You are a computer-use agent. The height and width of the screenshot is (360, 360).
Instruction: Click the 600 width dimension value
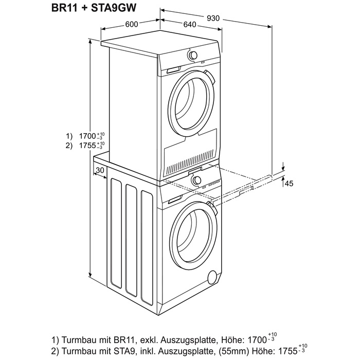coord(132,24)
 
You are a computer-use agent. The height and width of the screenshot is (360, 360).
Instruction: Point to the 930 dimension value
coord(213,18)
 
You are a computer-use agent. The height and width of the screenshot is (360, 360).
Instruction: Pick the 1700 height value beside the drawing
coord(88,136)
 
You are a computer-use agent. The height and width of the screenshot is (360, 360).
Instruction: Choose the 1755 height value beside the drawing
coord(88,145)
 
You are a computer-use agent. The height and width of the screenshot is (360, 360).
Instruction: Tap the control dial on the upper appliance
coord(192,55)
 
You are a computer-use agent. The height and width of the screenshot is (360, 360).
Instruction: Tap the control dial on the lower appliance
coord(196,180)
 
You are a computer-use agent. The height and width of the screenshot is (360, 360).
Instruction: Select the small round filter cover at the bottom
coord(211,278)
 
